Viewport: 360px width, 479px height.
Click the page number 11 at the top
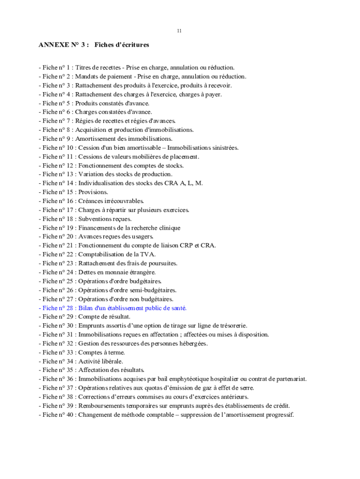(180, 31)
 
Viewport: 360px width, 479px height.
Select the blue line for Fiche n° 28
(112, 308)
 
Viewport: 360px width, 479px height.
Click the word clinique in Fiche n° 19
(169, 228)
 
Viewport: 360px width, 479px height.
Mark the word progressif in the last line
(279, 414)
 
